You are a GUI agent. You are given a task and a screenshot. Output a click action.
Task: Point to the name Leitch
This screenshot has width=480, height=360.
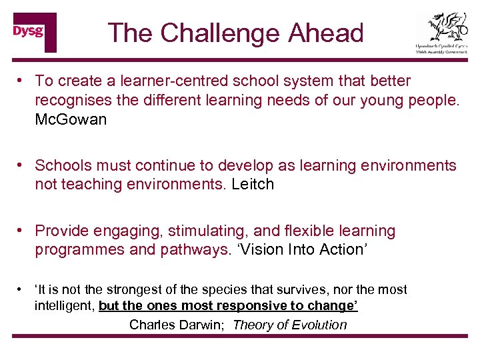point(253,184)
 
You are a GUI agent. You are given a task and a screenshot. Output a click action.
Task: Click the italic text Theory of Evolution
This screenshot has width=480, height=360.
point(289,325)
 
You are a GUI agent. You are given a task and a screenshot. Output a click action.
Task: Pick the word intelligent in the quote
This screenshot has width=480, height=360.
point(64,306)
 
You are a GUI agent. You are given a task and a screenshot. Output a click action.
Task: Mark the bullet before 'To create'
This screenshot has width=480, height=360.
point(22,81)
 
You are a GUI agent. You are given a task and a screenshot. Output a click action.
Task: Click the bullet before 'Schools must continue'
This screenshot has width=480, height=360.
point(22,165)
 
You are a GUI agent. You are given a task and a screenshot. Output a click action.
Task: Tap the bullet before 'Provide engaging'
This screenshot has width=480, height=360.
point(22,231)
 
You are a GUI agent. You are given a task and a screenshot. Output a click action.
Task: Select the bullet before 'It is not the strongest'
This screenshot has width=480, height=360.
point(22,289)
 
